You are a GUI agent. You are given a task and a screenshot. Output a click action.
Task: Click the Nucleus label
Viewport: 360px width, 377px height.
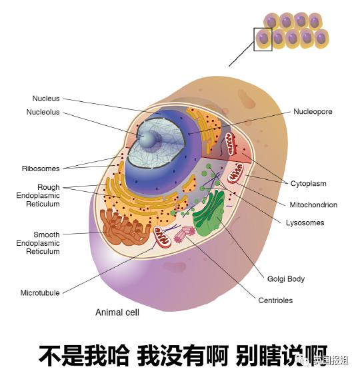click(x=46, y=99)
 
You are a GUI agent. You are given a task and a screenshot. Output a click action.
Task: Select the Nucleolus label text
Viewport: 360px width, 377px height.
click(x=43, y=112)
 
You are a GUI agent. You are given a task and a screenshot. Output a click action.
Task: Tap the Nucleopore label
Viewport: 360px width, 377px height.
click(x=313, y=111)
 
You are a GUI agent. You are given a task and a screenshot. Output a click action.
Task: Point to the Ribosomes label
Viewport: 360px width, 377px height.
click(x=41, y=169)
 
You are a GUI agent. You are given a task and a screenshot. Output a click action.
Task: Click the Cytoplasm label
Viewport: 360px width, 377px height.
click(x=308, y=183)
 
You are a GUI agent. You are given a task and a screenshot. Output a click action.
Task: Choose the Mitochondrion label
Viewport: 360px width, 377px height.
click(x=313, y=205)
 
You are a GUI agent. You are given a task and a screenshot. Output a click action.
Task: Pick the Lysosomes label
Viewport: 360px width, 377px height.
click(x=305, y=223)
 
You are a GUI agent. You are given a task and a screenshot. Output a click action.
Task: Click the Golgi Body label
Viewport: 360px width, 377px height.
click(x=286, y=279)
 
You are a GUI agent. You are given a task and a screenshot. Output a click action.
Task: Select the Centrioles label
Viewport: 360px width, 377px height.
click(x=275, y=300)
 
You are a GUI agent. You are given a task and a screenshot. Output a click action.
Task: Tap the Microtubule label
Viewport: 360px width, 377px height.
click(x=40, y=293)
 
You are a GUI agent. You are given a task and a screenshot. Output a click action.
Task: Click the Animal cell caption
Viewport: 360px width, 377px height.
click(x=117, y=312)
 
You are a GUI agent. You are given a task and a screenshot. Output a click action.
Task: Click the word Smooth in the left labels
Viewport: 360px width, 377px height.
click(x=46, y=234)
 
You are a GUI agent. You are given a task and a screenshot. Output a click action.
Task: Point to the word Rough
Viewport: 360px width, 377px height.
click(x=48, y=187)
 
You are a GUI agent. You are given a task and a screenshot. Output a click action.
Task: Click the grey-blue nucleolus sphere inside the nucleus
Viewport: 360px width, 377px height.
click(x=147, y=139)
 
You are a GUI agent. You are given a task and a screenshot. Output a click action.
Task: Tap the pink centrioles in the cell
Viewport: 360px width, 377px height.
click(x=184, y=234)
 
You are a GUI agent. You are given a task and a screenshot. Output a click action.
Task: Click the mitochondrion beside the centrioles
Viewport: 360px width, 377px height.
click(x=162, y=237)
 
